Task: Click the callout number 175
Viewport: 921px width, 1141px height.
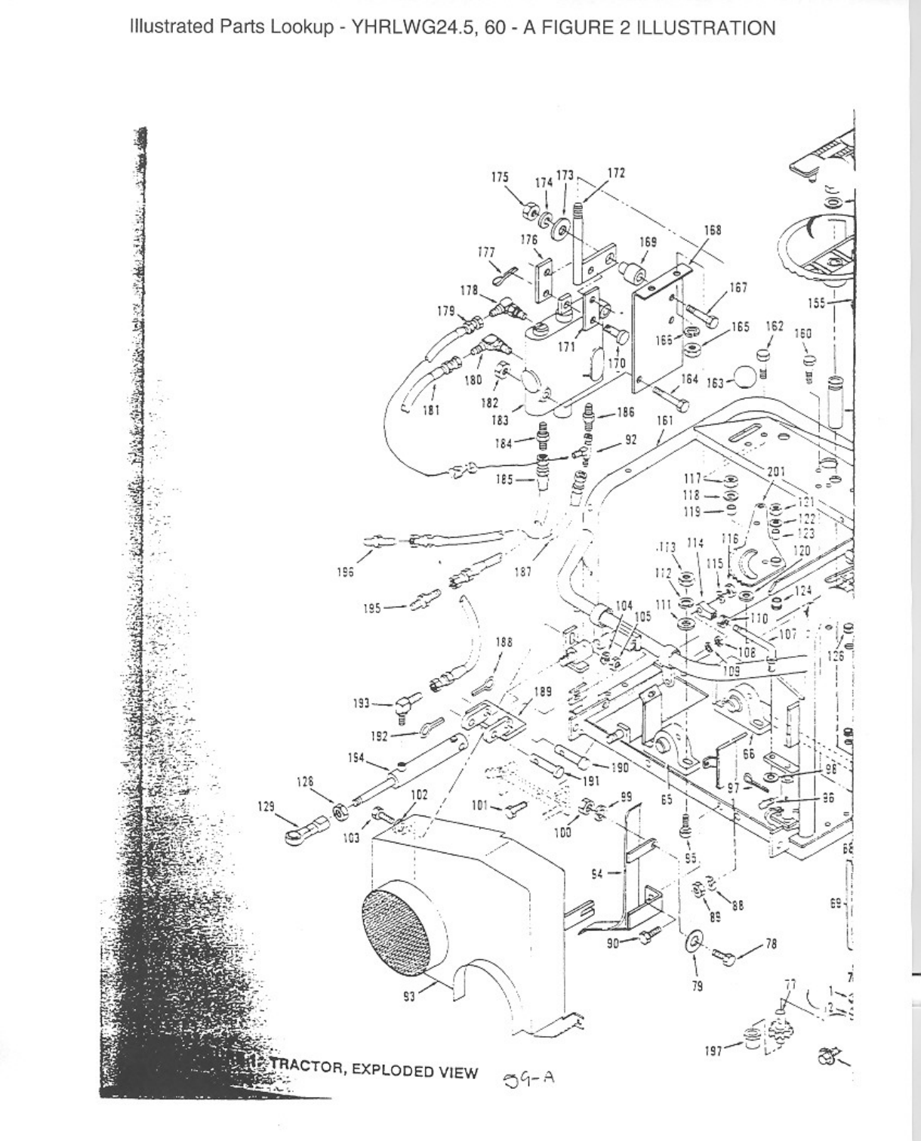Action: coord(499,177)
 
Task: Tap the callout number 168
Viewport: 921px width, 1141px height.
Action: coord(712,230)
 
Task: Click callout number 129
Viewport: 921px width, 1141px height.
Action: coord(266,806)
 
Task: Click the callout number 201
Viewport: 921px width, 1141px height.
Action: coord(776,472)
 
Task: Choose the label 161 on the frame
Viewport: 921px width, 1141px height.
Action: coord(664,420)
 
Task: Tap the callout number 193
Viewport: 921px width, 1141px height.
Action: coord(361,703)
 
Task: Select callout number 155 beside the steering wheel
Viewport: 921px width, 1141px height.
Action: coord(816,304)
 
